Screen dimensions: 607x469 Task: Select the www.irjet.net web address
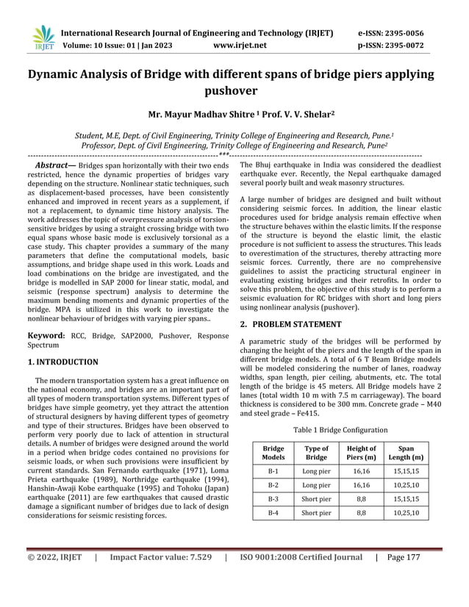tap(239, 45)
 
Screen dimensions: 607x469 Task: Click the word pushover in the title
tap(234, 91)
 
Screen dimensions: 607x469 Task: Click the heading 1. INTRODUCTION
tap(62, 362)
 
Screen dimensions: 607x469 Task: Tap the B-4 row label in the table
tap(273, 512)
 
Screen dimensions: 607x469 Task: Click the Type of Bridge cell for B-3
tap(317, 500)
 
